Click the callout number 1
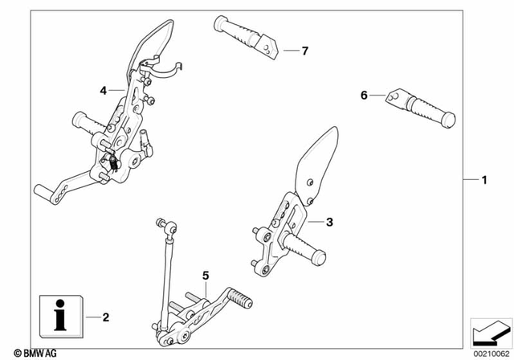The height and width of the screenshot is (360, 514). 483,179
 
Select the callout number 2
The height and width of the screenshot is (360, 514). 106,317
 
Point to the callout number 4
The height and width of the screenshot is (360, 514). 104,91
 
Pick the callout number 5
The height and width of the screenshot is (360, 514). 206,276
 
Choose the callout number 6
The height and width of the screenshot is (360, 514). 363,95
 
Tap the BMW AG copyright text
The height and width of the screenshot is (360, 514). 28,352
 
